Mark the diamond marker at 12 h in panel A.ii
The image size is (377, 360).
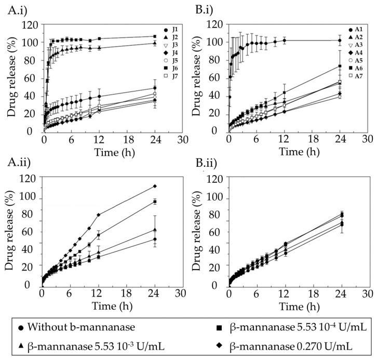coord(98,215)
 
